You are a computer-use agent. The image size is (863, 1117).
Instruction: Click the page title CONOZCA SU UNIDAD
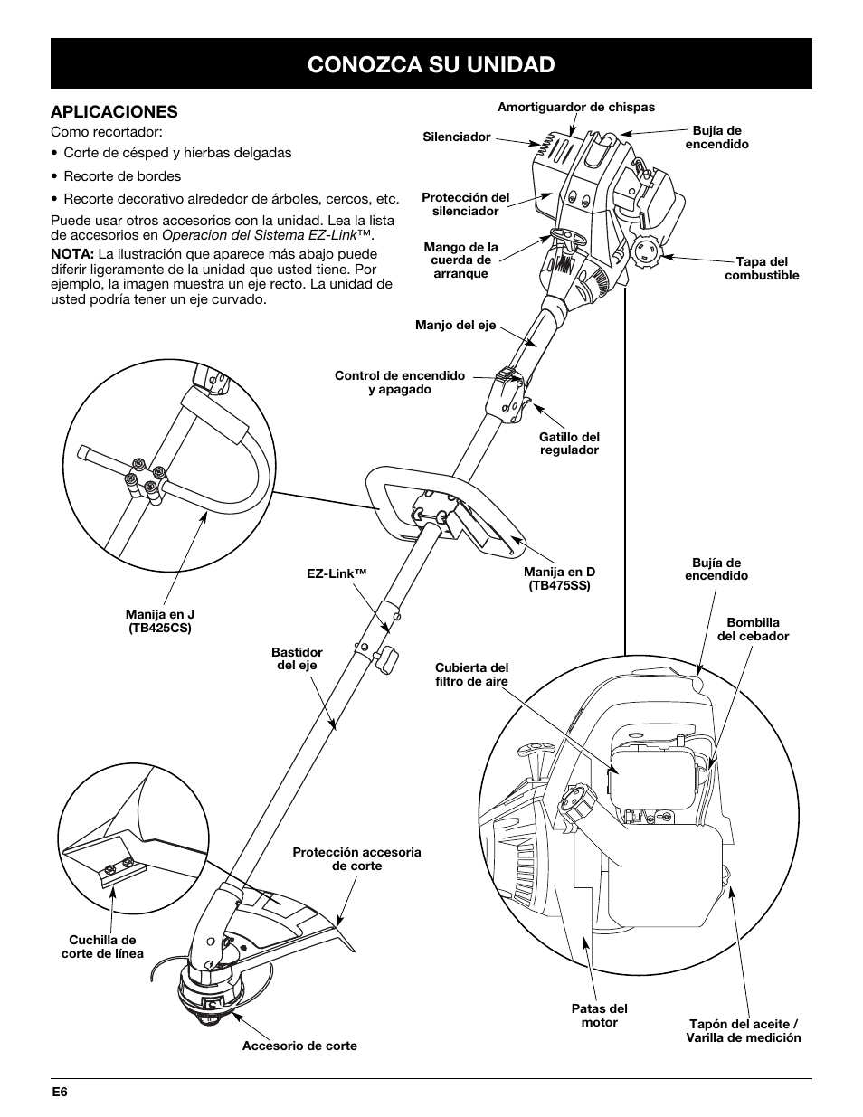click(x=431, y=63)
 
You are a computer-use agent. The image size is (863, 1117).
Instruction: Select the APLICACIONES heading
click(x=114, y=111)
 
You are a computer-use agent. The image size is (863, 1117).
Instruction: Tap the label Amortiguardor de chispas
click(x=575, y=107)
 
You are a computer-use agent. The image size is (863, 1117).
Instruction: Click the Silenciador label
click(x=457, y=137)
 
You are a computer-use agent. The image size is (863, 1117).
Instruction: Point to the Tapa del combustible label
click(x=762, y=269)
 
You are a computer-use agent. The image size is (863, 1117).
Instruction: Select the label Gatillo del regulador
click(x=569, y=443)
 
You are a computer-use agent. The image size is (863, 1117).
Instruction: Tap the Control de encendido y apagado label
click(x=400, y=382)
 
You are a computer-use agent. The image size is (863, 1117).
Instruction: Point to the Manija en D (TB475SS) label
click(x=559, y=579)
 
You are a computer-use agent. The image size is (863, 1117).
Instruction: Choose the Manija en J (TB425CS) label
click(x=160, y=621)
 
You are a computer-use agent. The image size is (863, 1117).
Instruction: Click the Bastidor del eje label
click(x=297, y=658)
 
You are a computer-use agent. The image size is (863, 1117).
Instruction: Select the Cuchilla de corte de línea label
click(x=102, y=947)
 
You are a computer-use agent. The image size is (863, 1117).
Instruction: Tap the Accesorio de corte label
click(x=299, y=1046)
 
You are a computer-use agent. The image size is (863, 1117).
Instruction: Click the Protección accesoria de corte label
click(x=356, y=859)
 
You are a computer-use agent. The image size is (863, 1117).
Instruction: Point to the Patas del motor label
click(x=599, y=1016)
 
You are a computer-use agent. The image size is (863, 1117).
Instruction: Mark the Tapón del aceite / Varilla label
click(x=744, y=1031)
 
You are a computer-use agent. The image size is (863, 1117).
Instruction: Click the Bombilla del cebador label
click(x=753, y=629)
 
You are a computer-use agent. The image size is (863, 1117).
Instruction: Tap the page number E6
click(x=60, y=1092)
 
